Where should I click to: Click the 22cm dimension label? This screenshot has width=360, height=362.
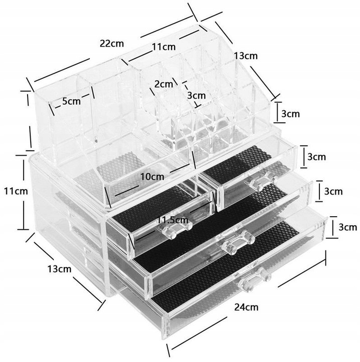(112, 43)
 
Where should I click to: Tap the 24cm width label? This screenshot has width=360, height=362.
(247, 307)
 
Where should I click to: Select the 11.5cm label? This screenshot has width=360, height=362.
(172, 220)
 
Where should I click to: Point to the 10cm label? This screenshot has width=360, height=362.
(153, 177)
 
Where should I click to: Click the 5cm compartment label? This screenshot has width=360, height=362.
(71, 102)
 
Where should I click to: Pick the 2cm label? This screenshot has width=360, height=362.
(164, 84)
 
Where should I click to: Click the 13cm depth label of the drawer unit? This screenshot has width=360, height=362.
(60, 269)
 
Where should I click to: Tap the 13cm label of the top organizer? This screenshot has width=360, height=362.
(246, 56)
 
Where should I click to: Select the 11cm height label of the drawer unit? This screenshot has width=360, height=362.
(16, 191)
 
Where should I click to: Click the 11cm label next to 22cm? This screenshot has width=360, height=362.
(164, 47)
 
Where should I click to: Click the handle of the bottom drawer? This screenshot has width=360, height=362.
(254, 280)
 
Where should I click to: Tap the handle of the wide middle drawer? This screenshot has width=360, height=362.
(238, 243)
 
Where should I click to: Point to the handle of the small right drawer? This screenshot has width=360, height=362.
(263, 180)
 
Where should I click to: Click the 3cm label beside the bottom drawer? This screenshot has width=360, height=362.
(348, 227)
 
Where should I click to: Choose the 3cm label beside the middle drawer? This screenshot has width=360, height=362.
(333, 192)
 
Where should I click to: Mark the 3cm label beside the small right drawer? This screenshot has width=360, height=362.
(317, 157)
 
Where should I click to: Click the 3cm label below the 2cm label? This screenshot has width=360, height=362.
(196, 96)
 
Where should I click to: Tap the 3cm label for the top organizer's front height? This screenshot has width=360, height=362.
(290, 114)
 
